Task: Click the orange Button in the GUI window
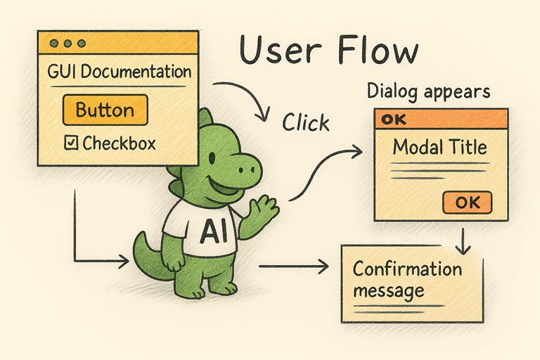105,110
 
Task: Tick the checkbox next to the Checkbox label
71,143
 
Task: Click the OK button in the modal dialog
467,202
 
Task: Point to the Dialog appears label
428,91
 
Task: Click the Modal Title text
439,148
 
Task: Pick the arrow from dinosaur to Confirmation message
294,266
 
